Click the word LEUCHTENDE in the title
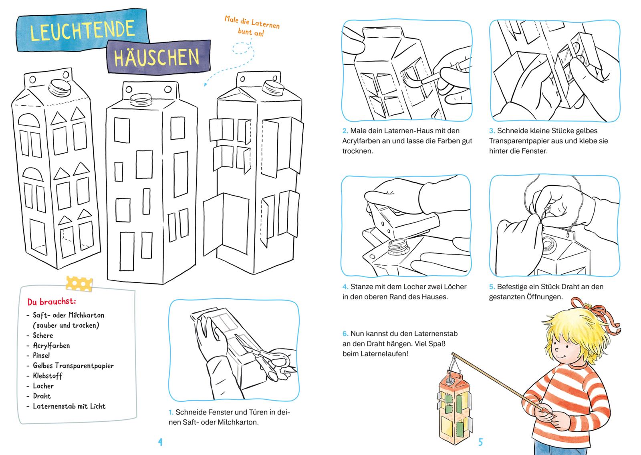pos(83,30)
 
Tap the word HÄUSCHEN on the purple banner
pos(157,58)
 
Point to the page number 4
pos(160,442)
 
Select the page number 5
pos(480,442)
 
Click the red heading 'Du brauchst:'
pos(52,301)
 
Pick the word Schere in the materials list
pos(43,335)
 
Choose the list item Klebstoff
pos(48,376)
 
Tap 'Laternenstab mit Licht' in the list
pos(69,406)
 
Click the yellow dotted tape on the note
pos(79,283)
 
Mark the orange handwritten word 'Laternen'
pos(265,24)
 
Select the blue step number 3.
pos(492,131)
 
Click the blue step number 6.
pos(345,334)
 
